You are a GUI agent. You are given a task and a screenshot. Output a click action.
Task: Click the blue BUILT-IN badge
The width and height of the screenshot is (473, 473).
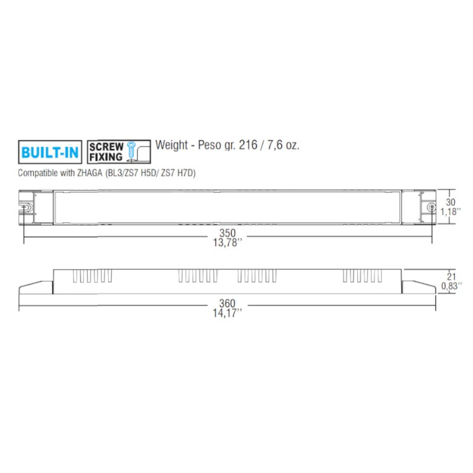[x=50, y=152]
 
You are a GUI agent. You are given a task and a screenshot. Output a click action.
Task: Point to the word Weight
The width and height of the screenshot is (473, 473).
[x=171, y=145]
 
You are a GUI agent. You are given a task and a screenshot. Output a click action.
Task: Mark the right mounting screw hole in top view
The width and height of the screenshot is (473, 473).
[x=432, y=208]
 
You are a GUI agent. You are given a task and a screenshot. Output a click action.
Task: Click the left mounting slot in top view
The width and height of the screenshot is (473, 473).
[x=26, y=208]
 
